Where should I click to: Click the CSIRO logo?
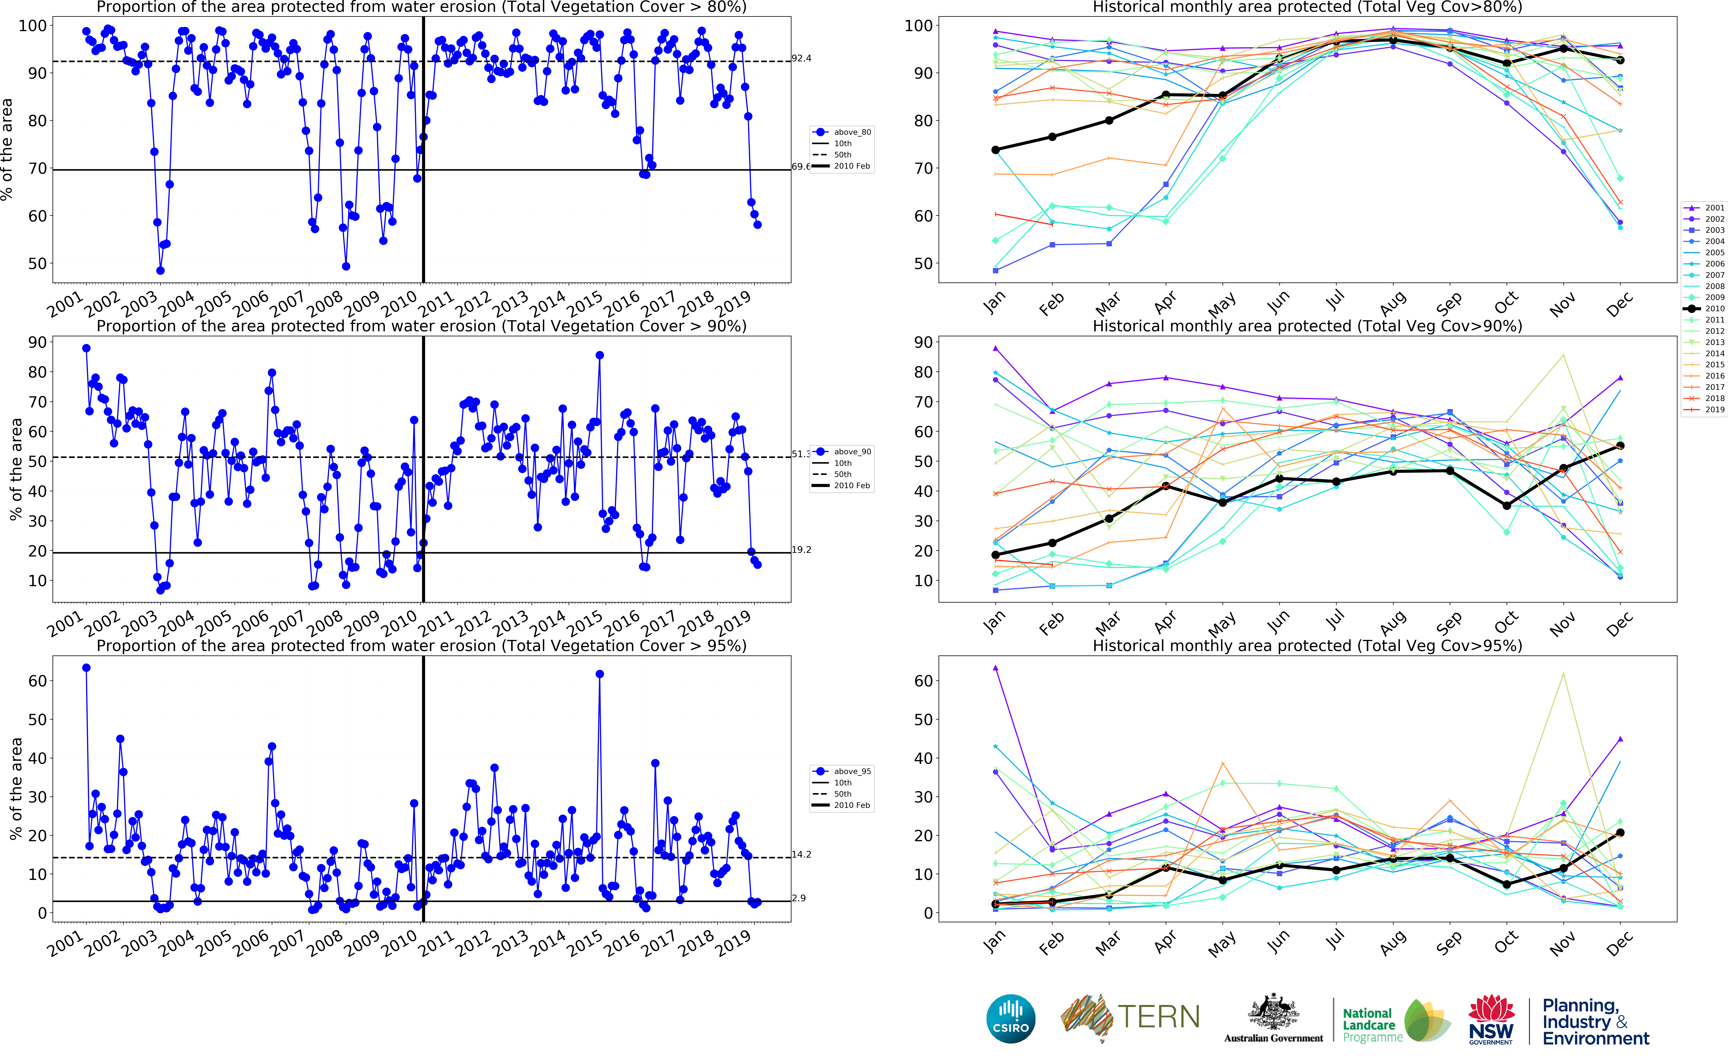(x=1011, y=1018)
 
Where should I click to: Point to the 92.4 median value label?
(x=801, y=58)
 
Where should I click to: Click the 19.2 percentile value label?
(x=801, y=550)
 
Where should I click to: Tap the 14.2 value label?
(x=801, y=854)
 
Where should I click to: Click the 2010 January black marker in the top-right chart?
(x=995, y=150)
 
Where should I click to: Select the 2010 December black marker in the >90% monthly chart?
(x=1620, y=446)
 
